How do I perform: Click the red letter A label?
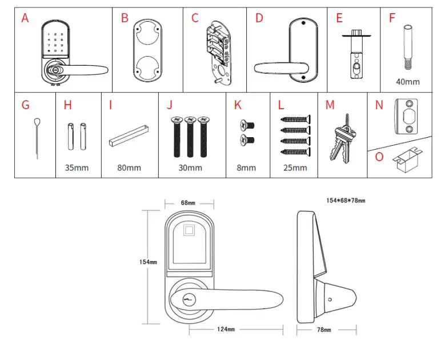click(x=25, y=18)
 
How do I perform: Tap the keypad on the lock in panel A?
click(x=55, y=41)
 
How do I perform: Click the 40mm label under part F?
click(x=407, y=82)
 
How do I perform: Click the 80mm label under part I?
click(x=129, y=167)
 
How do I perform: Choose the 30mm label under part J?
click(x=190, y=167)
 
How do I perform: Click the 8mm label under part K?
click(x=246, y=167)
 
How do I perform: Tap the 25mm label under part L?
click(x=295, y=167)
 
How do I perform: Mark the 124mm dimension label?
click(x=226, y=330)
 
